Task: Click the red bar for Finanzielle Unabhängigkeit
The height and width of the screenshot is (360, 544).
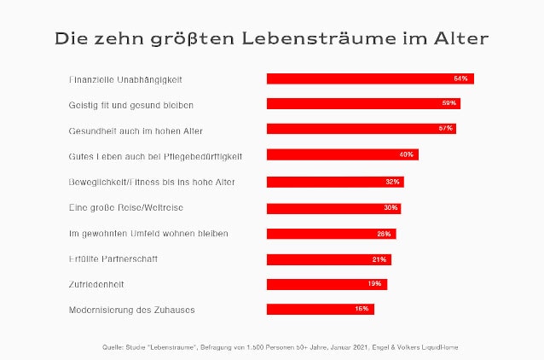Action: coord(370,78)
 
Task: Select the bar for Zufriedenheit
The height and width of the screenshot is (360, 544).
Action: coord(327,284)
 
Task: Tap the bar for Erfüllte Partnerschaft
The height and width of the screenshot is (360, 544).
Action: coord(329,258)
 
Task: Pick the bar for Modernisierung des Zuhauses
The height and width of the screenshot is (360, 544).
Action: coord(321,310)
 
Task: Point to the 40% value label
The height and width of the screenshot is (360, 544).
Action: coord(406,155)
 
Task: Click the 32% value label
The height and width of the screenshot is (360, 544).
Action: coord(392,182)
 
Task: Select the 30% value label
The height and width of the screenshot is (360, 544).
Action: coord(391,207)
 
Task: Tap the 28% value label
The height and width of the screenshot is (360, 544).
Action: coord(384,233)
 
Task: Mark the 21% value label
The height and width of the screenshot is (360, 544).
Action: coord(379,258)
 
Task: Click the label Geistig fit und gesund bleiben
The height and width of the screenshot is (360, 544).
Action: coord(131,105)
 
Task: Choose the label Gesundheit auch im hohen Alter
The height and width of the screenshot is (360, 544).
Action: coord(135,131)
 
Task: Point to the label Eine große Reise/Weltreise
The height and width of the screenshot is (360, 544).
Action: coord(126,207)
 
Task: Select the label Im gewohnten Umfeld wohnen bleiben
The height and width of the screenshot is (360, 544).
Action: coord(148,233)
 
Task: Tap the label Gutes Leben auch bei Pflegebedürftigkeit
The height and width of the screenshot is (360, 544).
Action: coord(156,156)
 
